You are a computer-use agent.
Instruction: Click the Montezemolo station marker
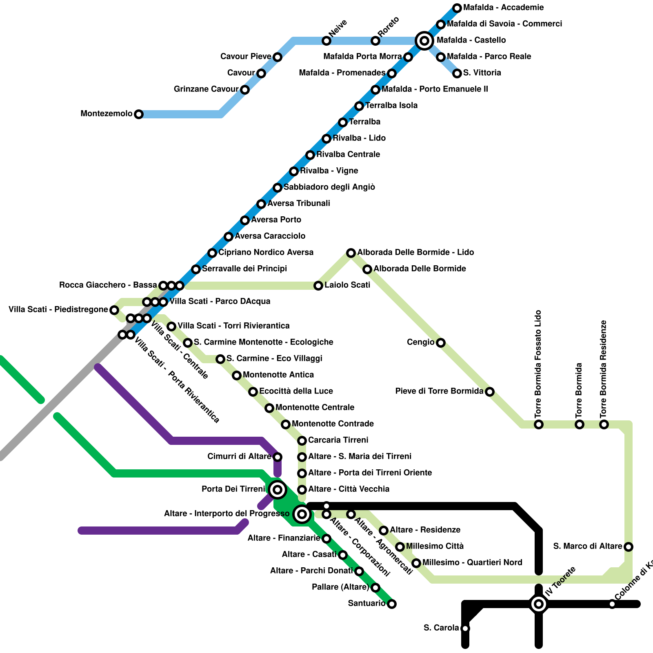pyautogui.click(x=139, y=114)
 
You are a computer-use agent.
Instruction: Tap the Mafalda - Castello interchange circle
pyautogui.click(x=424, y=40)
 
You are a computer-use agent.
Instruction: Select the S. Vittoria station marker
pyautogui.click(x=457, y=73)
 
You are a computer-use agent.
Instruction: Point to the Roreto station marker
pyautogui.click(x=375, y=41)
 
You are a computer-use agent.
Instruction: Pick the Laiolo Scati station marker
pyautogui.click(x=318, y=286)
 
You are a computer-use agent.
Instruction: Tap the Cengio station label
pyautogui.click(x=420, y=342)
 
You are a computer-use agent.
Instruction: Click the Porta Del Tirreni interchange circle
pyautogui.click(x=278, y=489)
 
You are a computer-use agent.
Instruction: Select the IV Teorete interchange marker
pyautogui.click(x=539, y=604)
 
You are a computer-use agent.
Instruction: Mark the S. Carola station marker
pyautogui.click(x=465, y=628)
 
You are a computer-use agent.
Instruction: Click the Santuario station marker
pyautogui.click(x=392, y=604)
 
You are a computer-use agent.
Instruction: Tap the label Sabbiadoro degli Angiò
pyautogui.click(x=329, y=187)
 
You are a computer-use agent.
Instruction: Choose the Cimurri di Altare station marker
pyautogui.click(x=278, y=457)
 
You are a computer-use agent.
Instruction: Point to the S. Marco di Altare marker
pyautogui.click(x=629, y=546)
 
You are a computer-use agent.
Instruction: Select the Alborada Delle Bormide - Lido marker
pyautogui.click(x=351, y=253)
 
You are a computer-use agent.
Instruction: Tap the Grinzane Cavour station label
pyautogui.click(x=206, y=89)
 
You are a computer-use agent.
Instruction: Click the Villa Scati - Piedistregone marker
pyautogui.click(x=114, y=310)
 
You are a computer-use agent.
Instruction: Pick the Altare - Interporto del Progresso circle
pyautogui.click(x=302, y=514)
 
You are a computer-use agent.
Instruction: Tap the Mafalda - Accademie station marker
pyautogui.click(x=457, y=8)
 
